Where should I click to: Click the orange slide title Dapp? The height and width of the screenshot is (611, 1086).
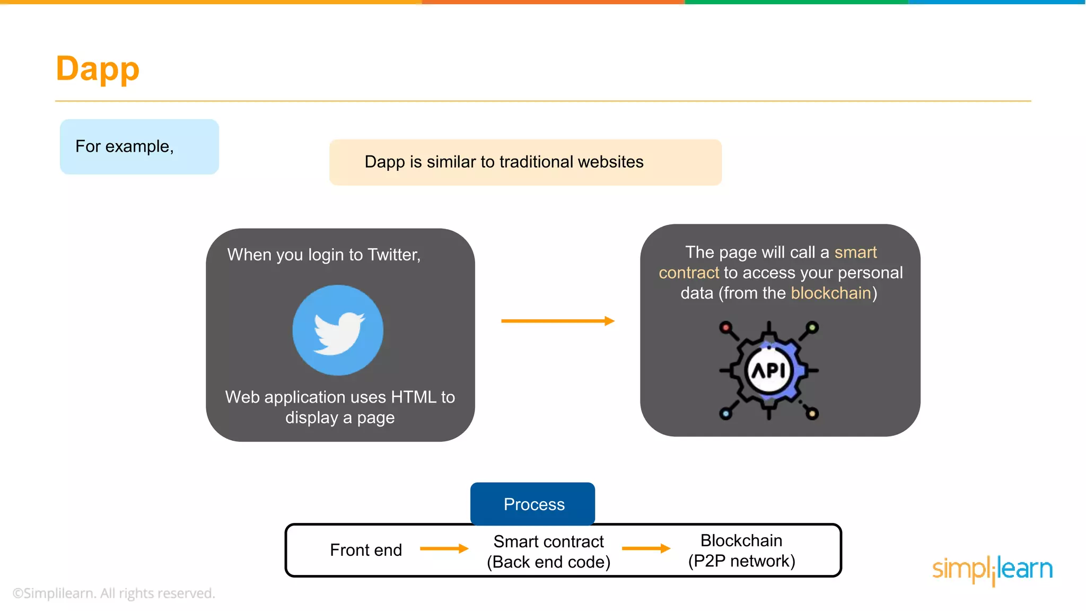(98, 69)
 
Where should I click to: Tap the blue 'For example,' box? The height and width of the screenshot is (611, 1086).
(139, 146)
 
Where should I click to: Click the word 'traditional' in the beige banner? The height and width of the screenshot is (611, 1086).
(536, 162)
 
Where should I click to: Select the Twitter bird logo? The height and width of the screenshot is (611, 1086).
(338, 330)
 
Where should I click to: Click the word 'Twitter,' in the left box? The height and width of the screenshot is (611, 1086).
(394, 255)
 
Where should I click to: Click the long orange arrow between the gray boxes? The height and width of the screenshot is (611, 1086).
(557, 321)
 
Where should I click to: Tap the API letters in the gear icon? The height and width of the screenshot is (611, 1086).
(768, 371)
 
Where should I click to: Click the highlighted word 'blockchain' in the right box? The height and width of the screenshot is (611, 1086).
(831, 293)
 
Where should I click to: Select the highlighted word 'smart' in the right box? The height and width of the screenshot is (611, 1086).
(855, 252)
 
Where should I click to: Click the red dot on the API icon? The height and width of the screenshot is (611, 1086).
(725, 327)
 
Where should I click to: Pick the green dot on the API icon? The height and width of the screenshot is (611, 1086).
(812, 327)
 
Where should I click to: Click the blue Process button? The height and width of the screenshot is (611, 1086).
(533, 504)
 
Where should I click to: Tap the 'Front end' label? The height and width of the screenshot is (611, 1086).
(366, 550)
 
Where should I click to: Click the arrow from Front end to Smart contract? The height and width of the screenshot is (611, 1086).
(444, 549)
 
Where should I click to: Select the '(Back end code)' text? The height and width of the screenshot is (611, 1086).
(549, 562)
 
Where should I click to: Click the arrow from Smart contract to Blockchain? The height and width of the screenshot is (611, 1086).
(646, 548)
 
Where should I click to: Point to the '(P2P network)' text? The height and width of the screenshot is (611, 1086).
(741, 561)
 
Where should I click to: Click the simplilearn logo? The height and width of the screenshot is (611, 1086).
(992, 570)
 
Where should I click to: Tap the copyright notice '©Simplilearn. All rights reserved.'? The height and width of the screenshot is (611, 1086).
(114, 593)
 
